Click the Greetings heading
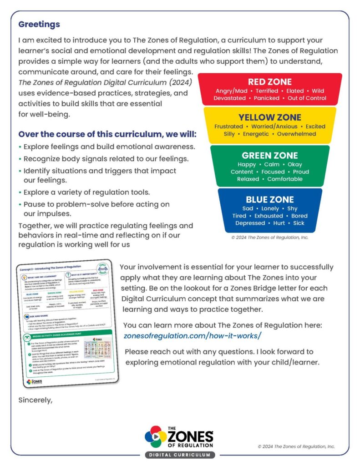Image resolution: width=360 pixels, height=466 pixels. tap(39, 24)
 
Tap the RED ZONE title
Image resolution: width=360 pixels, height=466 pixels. tap(270, 82)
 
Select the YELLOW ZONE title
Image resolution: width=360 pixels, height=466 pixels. tap(270, 117)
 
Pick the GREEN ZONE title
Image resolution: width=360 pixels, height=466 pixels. tap(270, 156)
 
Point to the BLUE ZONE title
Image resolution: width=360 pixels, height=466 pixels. tap(270, 199)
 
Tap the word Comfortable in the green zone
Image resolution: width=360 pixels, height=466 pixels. tap(285, 179)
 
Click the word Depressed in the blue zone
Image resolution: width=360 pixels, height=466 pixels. tap(250, 223)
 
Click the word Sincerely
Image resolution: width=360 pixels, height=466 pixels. tap(35, 400)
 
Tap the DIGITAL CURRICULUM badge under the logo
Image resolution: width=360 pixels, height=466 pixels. tap(180, 455)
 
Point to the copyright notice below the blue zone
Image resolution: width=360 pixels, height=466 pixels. tap(270, 238)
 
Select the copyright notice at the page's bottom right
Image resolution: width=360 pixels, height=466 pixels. tap(296, 446)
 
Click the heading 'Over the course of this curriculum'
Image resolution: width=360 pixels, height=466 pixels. tap(107, 135)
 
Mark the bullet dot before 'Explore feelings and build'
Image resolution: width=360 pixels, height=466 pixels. tap(20, 147)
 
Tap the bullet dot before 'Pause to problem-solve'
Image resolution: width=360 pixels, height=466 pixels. tap(20, 205)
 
